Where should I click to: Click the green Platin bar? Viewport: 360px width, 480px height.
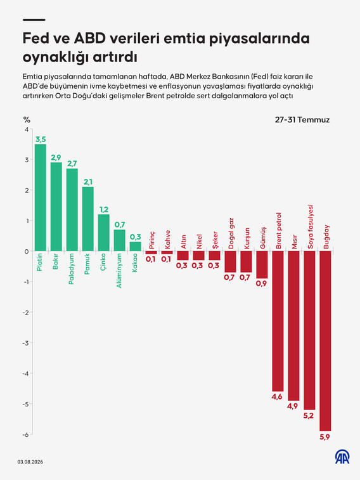coord(41,197)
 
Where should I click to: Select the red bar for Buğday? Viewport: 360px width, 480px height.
coord(325,341)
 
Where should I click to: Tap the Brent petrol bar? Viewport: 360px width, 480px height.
coord(278,321)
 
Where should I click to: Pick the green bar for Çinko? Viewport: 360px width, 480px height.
coord(104,233)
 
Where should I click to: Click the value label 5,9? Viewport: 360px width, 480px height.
coord(325,437)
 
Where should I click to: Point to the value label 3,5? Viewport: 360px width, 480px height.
coord(41,139)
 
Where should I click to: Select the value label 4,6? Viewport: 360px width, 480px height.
coord(277,397)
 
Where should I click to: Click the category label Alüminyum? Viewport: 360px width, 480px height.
coord(119,271)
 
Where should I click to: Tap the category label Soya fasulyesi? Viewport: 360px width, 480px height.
coord(310,226)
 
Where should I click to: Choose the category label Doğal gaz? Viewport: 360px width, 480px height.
coord(231,233)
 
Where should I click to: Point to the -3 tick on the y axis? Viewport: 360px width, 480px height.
coord(27,343)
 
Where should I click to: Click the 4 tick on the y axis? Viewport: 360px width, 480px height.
coord(27,129)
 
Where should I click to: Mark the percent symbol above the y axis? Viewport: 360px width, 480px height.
coord(27,119)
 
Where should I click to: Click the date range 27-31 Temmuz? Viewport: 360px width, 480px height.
coord(302,120)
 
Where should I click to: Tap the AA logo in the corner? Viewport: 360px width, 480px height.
coord(342,457)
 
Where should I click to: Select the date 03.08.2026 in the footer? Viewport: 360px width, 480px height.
coord(30,462)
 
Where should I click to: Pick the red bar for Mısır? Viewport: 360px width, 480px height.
coord(293,326)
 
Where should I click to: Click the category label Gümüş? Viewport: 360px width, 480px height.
coord(263,238)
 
